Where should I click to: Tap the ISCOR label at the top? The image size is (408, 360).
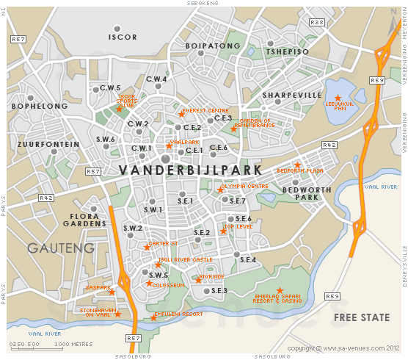coord(122,37)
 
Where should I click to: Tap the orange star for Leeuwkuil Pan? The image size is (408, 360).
coord(338,98)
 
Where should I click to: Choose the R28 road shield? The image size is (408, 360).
coord(317,22)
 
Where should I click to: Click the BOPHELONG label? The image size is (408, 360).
coord(40,107)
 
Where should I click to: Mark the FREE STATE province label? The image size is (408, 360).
coord(363,317)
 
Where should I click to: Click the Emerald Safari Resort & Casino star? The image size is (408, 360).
coord(280,290)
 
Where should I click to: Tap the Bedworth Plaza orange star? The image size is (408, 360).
coord(297,165)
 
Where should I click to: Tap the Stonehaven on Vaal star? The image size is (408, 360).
coord(117,314)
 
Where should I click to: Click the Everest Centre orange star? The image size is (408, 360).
coord(181,114)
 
